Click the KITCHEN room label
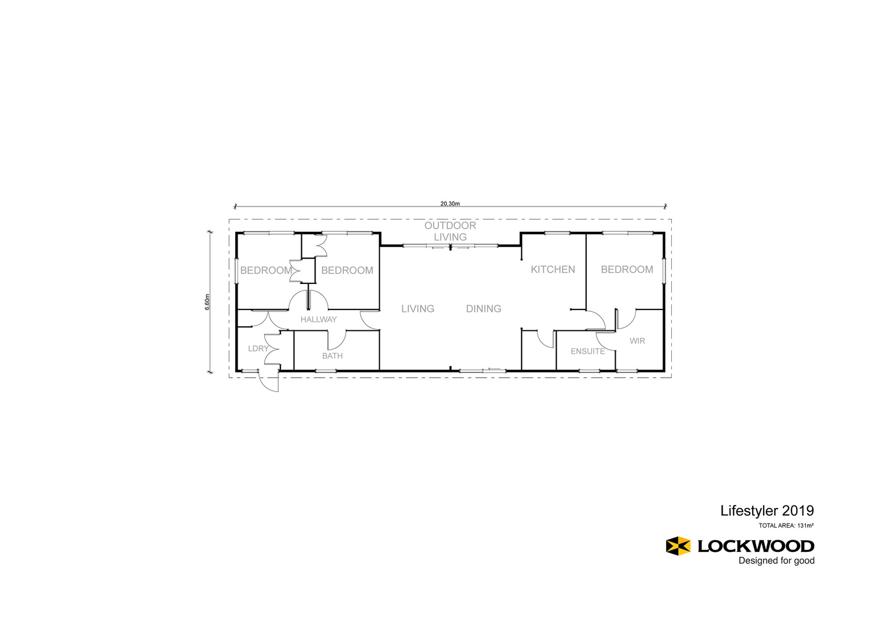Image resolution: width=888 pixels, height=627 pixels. point(553,270)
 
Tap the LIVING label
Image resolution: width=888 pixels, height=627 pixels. point(417,309)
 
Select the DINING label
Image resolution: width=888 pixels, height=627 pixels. point(483,309)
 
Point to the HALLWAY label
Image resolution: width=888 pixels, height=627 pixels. point(319,319)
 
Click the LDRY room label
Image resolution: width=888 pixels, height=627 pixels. point(258,349)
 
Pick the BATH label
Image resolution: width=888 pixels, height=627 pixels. point(332,356)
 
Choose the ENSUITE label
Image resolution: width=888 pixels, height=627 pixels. point(587,352)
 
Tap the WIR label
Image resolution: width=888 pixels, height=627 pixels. point(637,341)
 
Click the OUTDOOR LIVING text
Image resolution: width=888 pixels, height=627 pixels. point(450,231)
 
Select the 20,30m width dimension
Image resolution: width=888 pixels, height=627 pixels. point(450,204)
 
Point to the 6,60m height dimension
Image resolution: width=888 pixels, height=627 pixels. point(208,302)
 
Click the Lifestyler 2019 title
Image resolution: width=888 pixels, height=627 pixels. point(767,511)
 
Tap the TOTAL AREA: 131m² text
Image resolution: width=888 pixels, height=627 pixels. point(786,526)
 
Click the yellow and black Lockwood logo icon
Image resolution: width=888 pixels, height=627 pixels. point(678,545)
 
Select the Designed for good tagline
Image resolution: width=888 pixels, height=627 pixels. point(776,560)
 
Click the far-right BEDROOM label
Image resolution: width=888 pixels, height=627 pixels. point(627,270)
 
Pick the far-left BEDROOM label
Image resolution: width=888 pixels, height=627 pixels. point(266,271)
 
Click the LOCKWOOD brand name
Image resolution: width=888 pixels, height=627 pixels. point(756,546)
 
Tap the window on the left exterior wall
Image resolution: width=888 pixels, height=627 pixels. point(236,271)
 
